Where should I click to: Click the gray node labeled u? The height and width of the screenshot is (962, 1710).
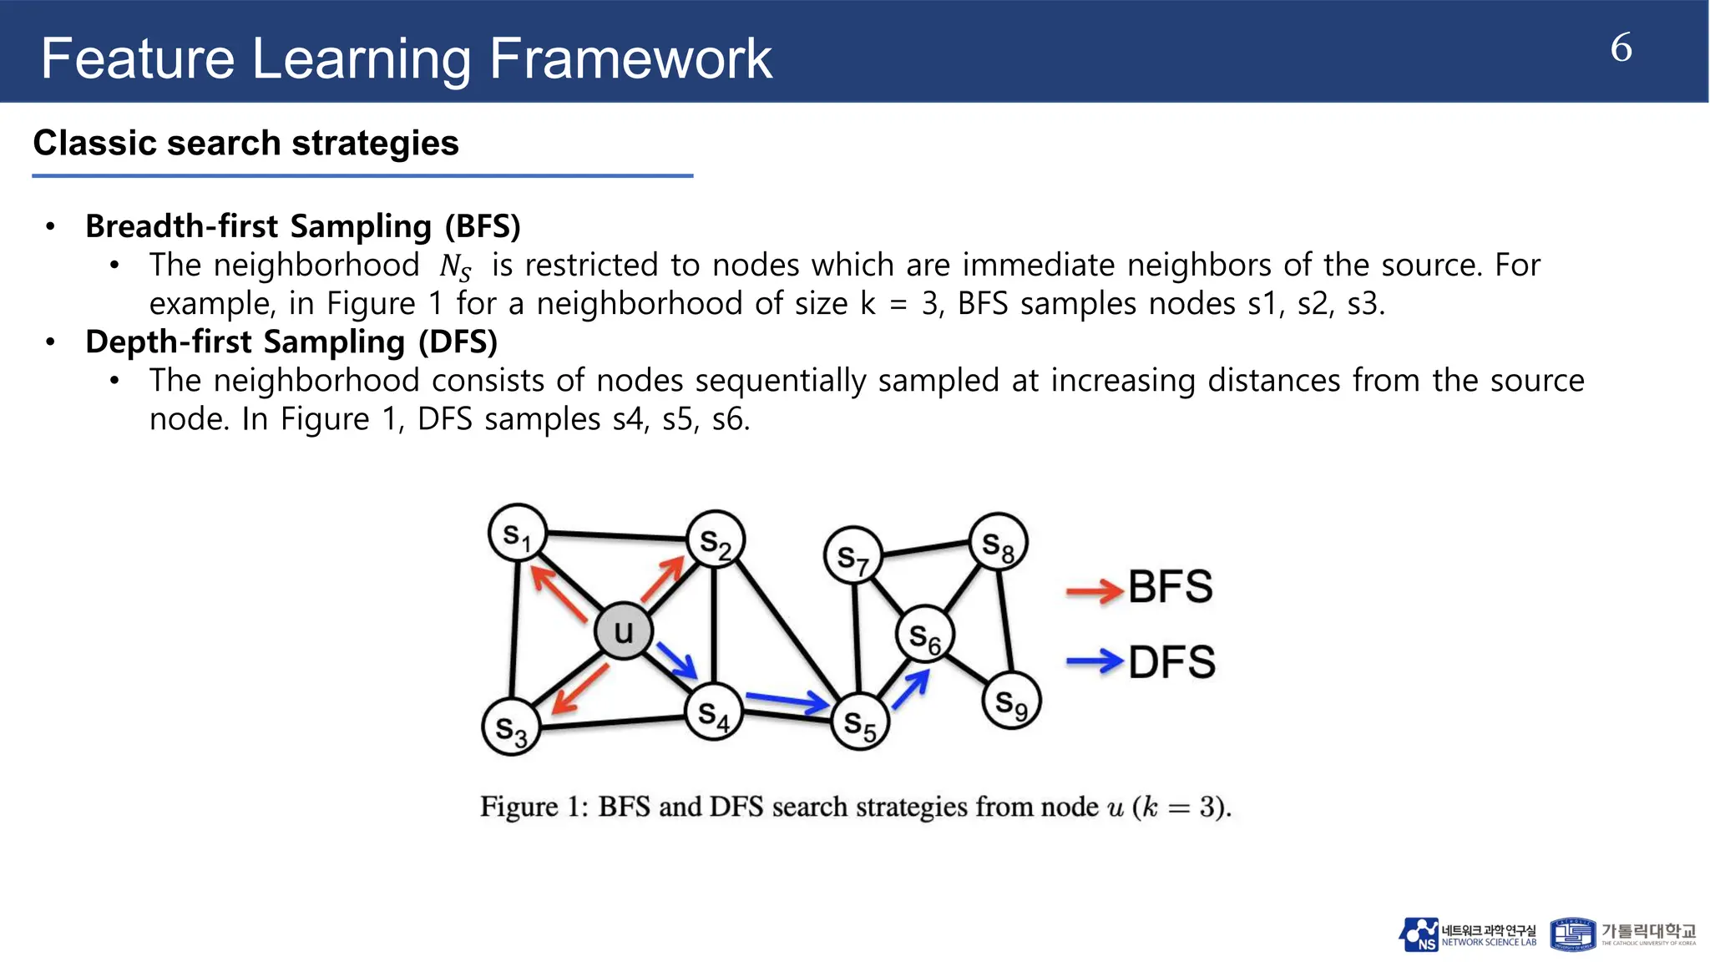pyautogui.click(x=623, y=631)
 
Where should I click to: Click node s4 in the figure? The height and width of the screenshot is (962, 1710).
pyautogui.click(x=713, y=712)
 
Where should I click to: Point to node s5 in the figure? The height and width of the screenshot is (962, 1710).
pyautogui.click(x=860, y=722)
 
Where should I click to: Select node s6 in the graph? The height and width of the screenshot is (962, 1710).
pyautogui.click(x=924, y=635)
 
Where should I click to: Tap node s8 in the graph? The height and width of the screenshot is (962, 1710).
pyautogui.click(x=998, y=543)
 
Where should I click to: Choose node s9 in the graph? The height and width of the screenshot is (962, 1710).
pyautogui.click(x=1011, y=701)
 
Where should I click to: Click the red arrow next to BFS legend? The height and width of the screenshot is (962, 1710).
pyautogui.click(x=1094, y=591)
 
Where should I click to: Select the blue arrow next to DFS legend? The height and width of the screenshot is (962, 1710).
pyautogui.click(x=1094, y=662)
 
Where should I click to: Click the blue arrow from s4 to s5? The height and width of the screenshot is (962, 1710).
pyautogui.click(x=785, y=702)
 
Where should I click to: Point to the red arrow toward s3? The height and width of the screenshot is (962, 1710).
pyautogui.click(x=579, y=690)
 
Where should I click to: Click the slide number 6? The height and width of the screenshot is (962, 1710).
pyautogui.click(x=1621, y=48)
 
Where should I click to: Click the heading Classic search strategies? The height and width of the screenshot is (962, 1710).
pyautogui.click(x=245, y=143)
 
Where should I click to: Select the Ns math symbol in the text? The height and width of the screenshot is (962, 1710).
pyautogui.click(x=455, y=267)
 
